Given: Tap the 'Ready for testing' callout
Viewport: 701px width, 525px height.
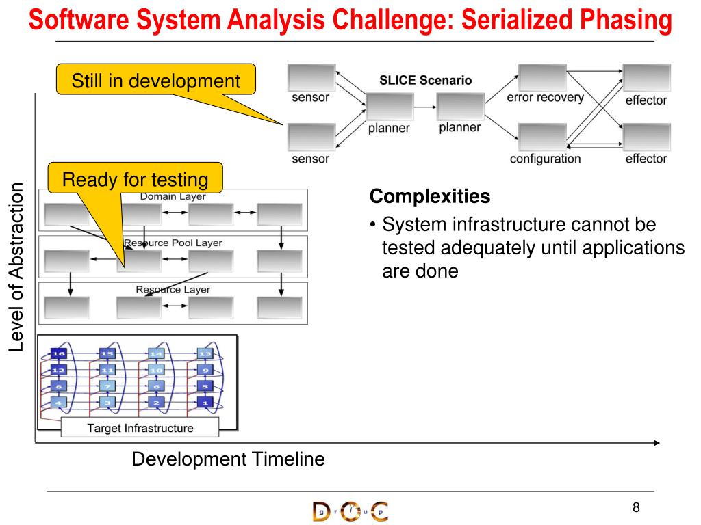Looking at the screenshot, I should click(135, 180).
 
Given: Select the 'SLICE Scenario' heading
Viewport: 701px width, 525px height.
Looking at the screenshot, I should click(425, 80).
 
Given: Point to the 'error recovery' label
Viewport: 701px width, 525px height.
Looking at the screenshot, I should click(545, 97).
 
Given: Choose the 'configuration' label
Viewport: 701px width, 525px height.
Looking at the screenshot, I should click(545, 159).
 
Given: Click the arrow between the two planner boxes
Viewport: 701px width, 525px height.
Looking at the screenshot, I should click(425, 107).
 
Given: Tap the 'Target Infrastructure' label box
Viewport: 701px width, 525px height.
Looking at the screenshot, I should click(140, 429).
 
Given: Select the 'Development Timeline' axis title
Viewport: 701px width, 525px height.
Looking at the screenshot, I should click(228, 459).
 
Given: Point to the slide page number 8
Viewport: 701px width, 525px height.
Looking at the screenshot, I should click(636, 507).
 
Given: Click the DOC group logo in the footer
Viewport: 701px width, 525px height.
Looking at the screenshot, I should click(349, 511).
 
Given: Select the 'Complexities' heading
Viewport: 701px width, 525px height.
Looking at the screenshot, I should click(430, 197).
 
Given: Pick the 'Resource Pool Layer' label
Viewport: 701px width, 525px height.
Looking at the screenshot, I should click(173, 243).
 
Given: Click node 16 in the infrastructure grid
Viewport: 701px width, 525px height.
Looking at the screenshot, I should click(58, 353).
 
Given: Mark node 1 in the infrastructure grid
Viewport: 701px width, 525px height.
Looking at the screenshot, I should click(205, 402).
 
